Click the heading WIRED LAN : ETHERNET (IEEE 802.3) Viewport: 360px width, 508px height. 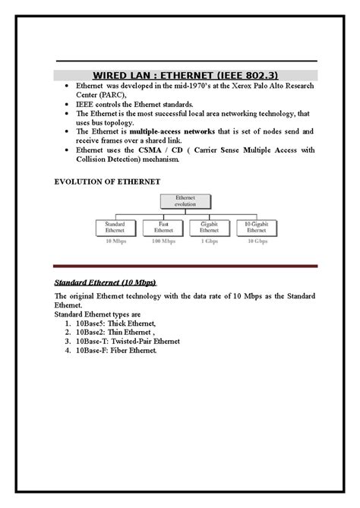[x=180, y=75]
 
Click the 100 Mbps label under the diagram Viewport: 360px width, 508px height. [x=163, y=241]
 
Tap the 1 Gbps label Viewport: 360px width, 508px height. [x=209, y=241]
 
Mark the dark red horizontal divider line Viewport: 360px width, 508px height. [x=183, y=267]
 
